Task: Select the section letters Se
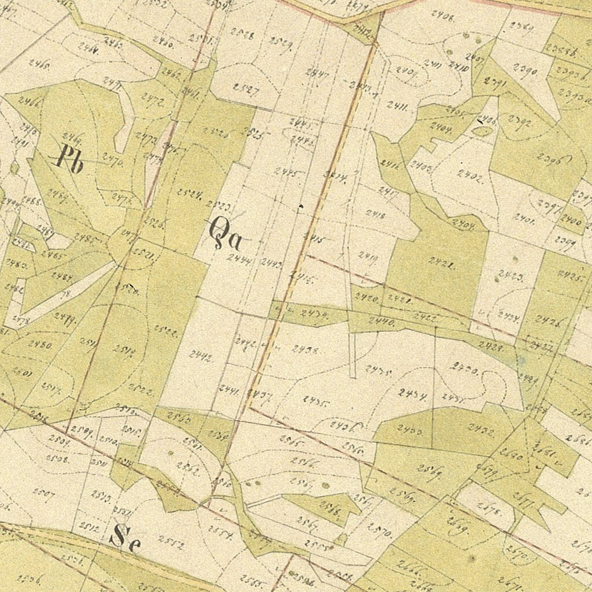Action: (x=124, y=538)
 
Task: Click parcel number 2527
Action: (x=245, y=88)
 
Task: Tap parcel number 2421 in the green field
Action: (x=441, y=265)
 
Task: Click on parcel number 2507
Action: (x=43, y=493)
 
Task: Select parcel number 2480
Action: (x=40, y=345)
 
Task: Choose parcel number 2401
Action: (x=523, y=218)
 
